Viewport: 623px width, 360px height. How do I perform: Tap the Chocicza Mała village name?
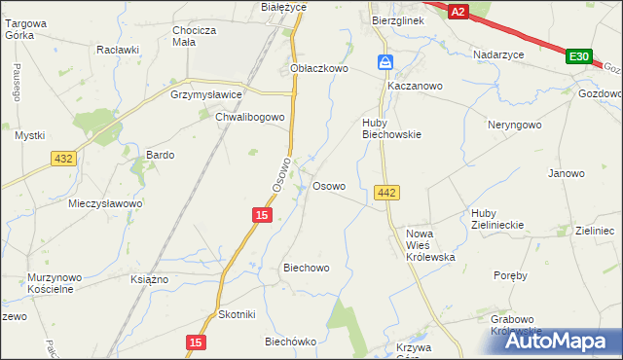[x=193, y=36]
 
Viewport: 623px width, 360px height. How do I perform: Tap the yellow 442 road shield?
[x=385, y=194]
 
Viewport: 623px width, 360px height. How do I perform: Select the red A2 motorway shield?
[x=459, y=11]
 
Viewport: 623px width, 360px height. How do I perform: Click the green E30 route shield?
[x=578, y=57]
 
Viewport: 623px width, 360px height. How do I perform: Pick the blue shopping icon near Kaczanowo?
[x=386, y=63]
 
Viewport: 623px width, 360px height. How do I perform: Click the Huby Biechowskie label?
[x=391, y=128]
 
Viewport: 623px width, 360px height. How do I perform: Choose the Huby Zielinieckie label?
[x=496, y=218]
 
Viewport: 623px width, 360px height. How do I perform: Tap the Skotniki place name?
[x=237, y=314]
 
